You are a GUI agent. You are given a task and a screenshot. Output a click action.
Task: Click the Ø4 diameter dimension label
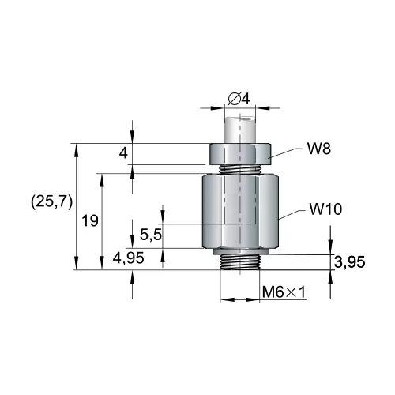(x=239, y=100)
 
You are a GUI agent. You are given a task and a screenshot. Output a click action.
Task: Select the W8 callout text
(x=319, y=149)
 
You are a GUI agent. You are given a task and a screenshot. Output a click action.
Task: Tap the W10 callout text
(x=325, y=209)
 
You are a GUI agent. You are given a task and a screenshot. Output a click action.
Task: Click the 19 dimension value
(x=90, y=220)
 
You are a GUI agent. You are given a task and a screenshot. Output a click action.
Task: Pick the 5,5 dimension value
(x=151, y=235)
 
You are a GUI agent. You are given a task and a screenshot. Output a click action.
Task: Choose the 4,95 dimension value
(x=128, y=258)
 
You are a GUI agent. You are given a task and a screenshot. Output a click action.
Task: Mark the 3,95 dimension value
(x=350, y=262)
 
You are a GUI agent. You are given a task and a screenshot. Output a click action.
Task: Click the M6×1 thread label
(x=284, y=292)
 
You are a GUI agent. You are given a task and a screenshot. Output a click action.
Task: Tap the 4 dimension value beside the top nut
(x=123, y=152)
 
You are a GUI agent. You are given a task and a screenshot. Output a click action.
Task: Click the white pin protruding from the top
(x=239, y=130)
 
